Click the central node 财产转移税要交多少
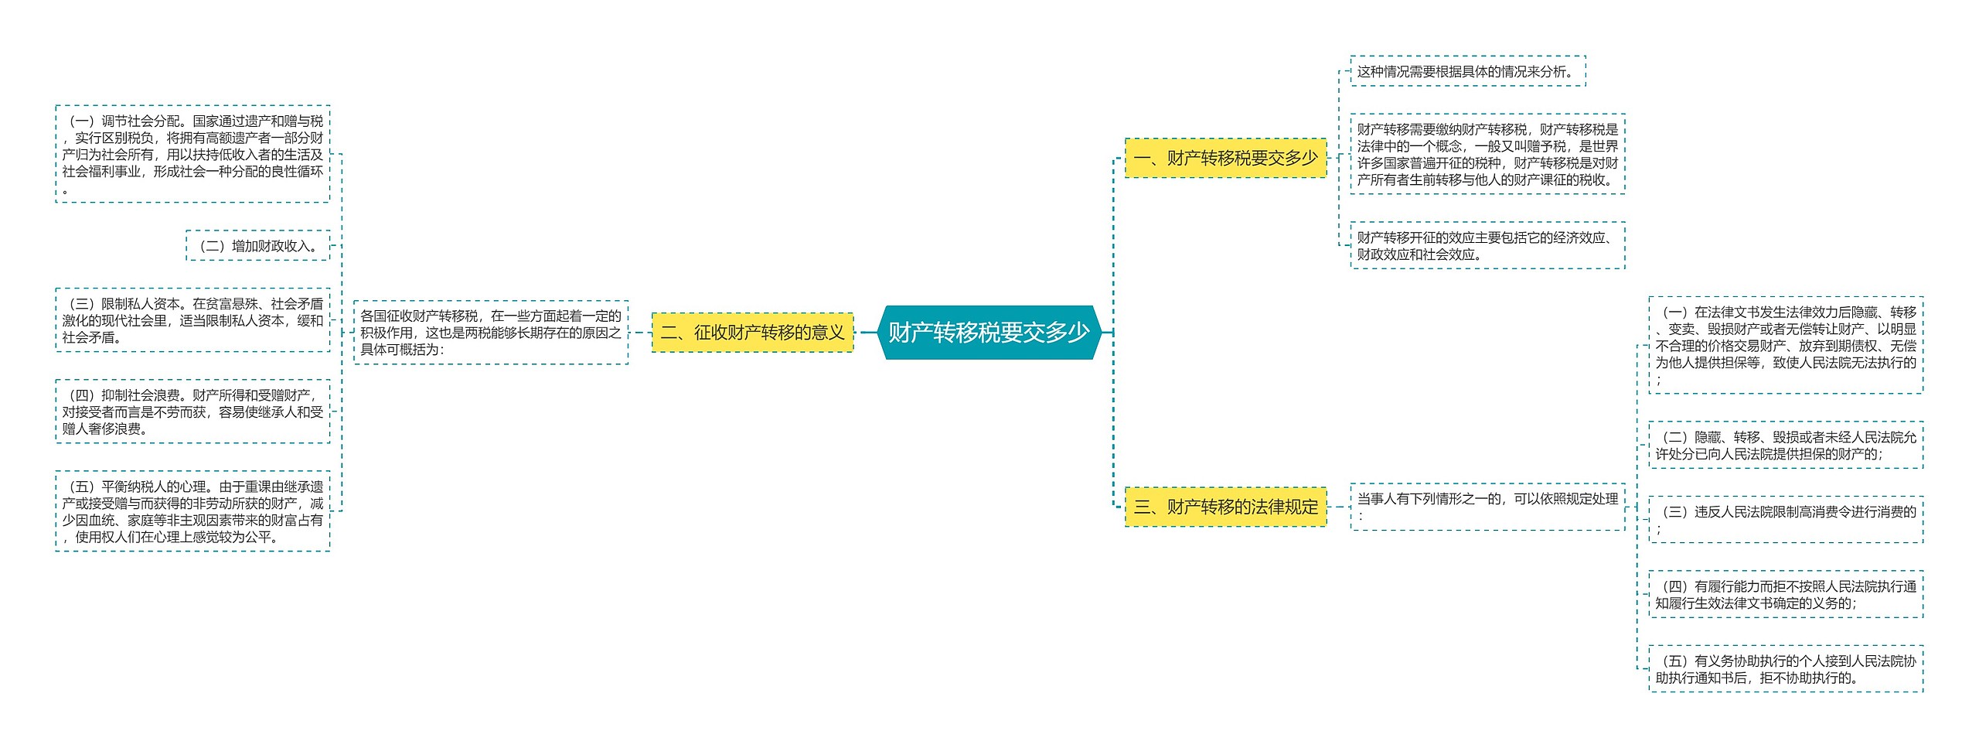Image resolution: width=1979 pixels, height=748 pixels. tap(989, 333)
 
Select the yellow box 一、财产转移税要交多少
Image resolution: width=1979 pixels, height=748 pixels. tap(1225, 158)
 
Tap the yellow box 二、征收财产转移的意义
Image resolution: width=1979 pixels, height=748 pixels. tap(752, 333)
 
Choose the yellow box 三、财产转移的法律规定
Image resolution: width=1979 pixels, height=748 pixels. tap(1225, 507)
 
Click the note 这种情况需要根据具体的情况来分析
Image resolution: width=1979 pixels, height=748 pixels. tap(1467, 71)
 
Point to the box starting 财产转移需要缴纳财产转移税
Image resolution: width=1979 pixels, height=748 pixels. tap(1487, 154)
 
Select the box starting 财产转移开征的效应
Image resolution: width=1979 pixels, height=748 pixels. tap(1487, 245)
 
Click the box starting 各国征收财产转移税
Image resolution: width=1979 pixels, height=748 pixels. tap(491, 333)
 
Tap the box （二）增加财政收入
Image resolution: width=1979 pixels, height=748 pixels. tap(257, 246)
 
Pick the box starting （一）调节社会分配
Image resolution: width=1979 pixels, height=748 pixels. tap(192, 154)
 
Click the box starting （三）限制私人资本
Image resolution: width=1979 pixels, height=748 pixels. tap(192, 320)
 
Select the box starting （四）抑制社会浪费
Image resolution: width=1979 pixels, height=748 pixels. tap(192, 412)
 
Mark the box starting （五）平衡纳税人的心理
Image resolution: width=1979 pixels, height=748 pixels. tap(192, 511)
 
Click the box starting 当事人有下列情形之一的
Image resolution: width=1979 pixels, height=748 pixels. tap(1487, 507)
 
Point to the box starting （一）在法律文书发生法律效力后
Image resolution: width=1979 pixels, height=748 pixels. tap(1785, 345)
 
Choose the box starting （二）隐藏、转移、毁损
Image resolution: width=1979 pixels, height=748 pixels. tap(1785, 446)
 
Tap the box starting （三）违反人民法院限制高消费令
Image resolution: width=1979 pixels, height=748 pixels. tap(1785, 520)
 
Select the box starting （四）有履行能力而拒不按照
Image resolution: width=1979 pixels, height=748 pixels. tap(1785, 594)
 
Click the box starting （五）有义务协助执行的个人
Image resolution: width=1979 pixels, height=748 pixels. tap(1785, 669)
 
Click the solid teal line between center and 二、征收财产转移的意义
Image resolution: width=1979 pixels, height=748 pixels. tap(867, 333)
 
